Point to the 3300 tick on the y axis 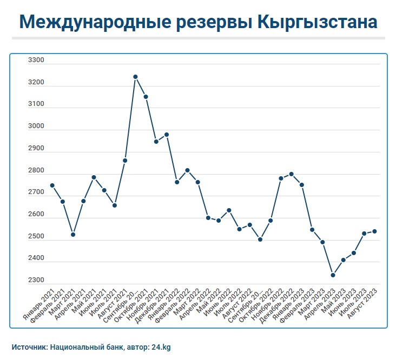36,61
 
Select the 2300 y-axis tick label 36,281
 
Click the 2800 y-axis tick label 36,171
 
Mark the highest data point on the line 135,77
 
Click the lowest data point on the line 333,275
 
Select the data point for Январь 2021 52,185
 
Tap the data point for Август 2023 374,231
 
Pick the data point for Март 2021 73,235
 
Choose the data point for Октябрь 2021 146,97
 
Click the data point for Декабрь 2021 167,135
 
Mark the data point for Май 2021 94,177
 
